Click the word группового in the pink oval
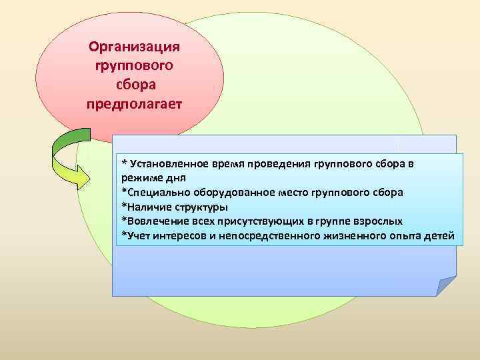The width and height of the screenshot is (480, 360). pos(136,66)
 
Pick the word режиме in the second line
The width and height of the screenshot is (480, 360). pos(140,178)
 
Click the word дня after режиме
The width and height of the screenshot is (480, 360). pos(173,178)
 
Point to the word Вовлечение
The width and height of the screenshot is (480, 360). pos(153,221)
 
